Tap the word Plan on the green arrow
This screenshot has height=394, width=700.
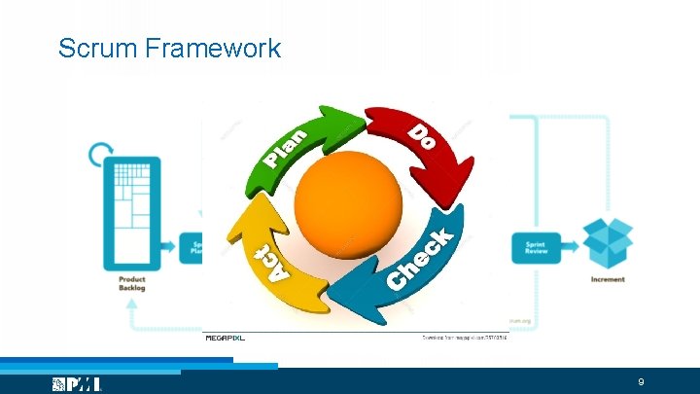tap(287, 147)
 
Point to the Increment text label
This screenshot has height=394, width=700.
tap(608, 279)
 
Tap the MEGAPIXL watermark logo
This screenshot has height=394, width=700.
tap(225, 339)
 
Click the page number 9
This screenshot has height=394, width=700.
tap(641, 382)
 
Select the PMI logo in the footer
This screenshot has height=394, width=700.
tap(78, 384)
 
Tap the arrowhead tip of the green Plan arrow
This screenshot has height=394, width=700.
tap(360, 121)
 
